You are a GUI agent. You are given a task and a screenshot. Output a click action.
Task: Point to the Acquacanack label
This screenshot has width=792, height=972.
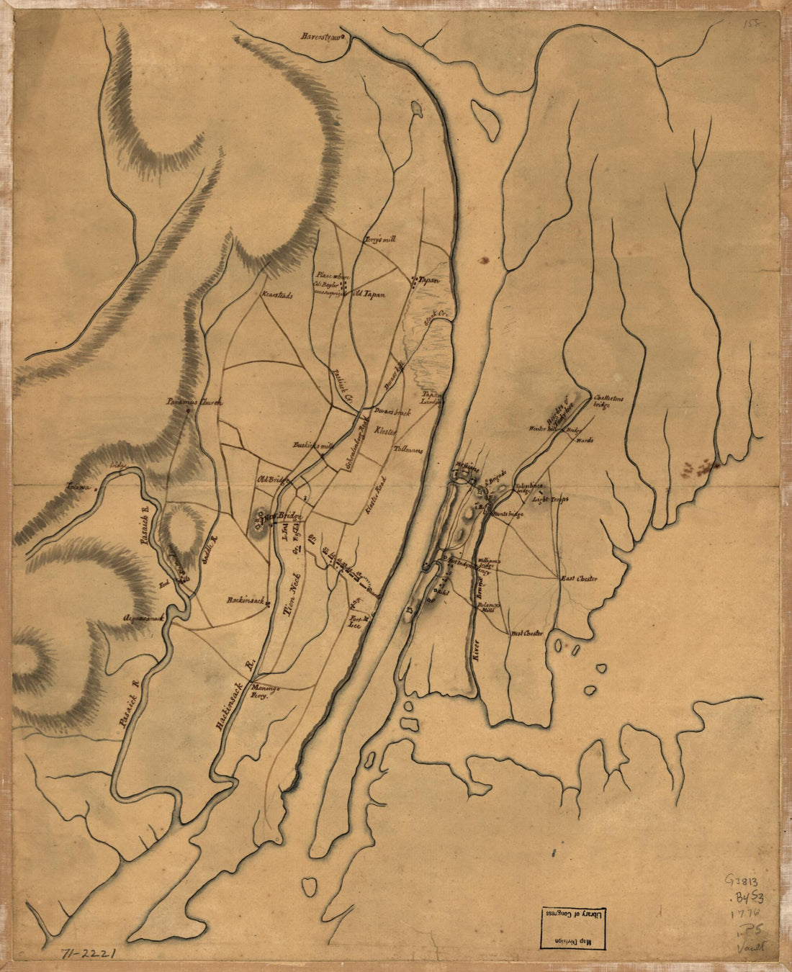tap(149, 618)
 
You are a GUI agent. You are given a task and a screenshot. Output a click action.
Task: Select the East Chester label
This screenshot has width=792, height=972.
tap(580, 578)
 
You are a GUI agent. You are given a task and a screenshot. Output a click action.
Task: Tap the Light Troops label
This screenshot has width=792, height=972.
tap(550, 498)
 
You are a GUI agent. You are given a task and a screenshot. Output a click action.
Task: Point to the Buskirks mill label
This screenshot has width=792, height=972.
tap(314, 445)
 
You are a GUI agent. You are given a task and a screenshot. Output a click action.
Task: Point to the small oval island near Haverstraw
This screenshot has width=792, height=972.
tap(417, 109)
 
